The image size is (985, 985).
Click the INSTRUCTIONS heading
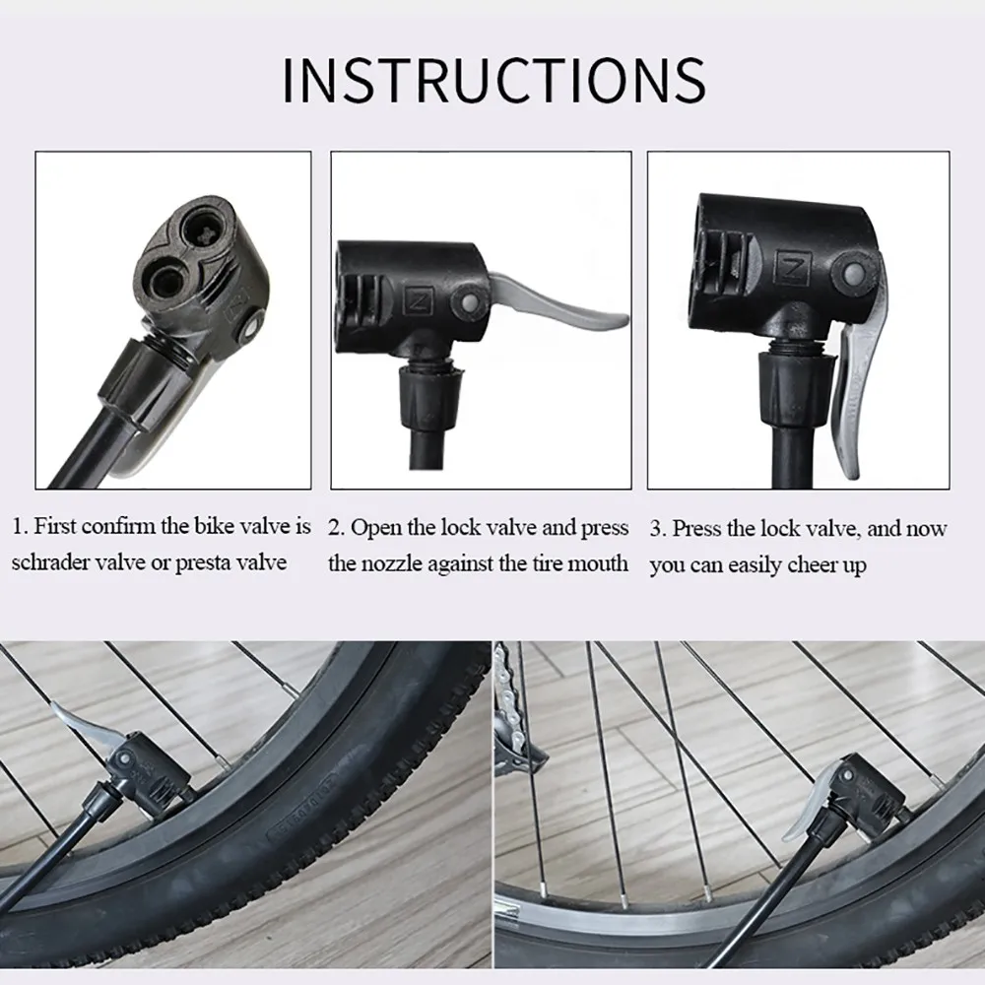pyautogui.click(x=493, y=80)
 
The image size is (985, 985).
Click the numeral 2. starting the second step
pyautogui.click(x=336, y=528)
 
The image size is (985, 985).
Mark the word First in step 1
pyautogui.click(x=55, y=527)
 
